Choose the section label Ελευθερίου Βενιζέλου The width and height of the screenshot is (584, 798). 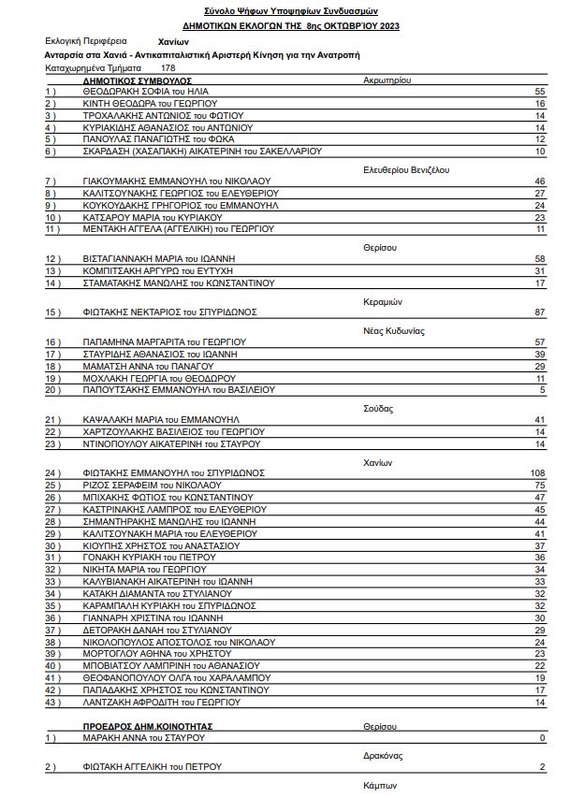point(407,170)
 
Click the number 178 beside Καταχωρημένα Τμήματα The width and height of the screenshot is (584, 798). point(168,68)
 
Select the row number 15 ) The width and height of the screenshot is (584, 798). point(52,312)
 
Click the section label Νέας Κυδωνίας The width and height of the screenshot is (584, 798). point(394,331)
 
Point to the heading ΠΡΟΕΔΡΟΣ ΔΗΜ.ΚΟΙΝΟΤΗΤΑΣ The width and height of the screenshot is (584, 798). point(148,726)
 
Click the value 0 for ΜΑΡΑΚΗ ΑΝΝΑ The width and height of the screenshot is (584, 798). point(542,739)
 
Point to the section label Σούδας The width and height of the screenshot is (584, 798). point(379,409)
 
